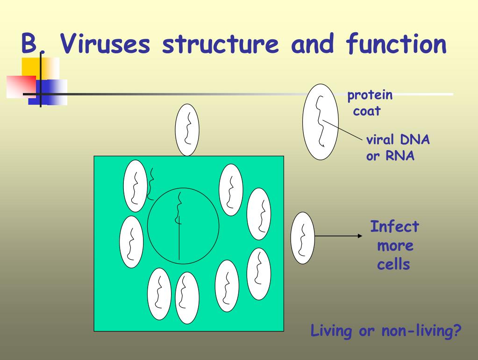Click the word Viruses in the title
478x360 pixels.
pyautogui.click(x=107, y=45)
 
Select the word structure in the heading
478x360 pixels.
pyautogui.click(x=221, y=45)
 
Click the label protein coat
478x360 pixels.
pyautogui.click(x=369, y=103)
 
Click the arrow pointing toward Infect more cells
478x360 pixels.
pyautogui.click(x=339, y=236)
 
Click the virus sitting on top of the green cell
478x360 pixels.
pyautogui.click(x=187, y=130)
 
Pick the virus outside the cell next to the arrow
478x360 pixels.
pyautogui.click(x=303, y=237)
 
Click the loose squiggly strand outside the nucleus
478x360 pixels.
pyautogui.click(x=151, y=183)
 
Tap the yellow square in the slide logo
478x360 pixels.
pyautogui.click(x=30, y=66)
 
